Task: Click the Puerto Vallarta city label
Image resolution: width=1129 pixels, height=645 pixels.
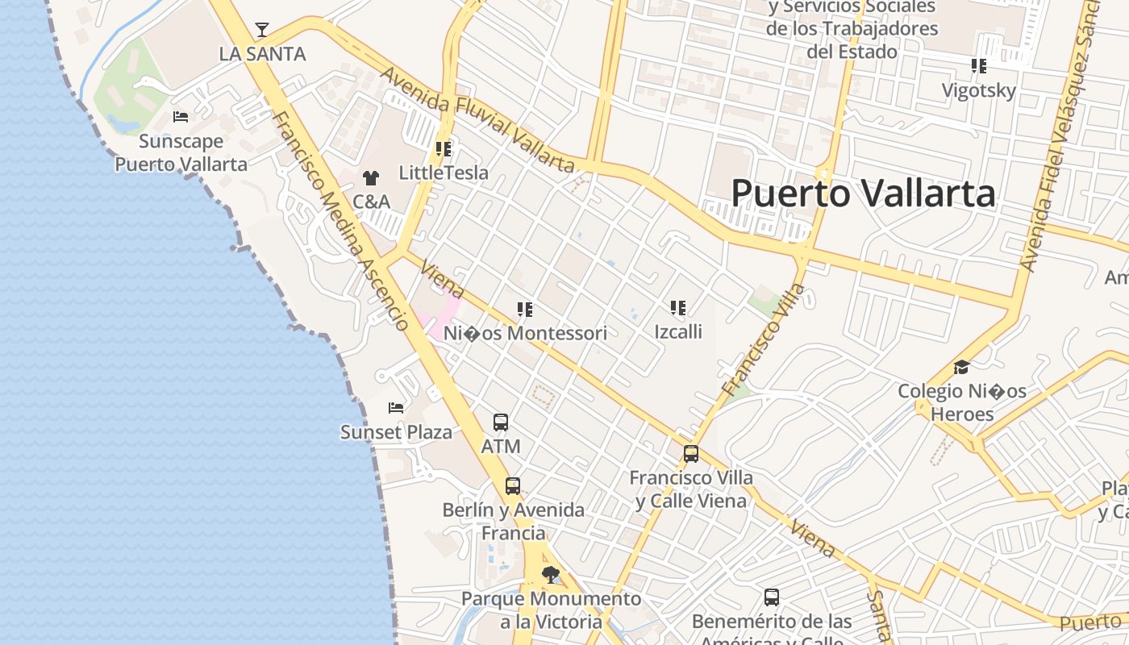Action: coord(863,193)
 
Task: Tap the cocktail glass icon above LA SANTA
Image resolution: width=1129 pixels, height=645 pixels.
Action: coord(262,31)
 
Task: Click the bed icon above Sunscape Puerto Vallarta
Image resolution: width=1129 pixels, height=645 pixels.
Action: coord(181,117)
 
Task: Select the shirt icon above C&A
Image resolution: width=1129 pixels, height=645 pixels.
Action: coord(371,177)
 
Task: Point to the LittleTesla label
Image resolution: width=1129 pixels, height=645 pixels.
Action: coord(444,173)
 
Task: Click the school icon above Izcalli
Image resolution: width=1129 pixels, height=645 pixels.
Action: coord(678,307)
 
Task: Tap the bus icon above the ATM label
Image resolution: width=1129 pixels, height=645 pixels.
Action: coord(501,422)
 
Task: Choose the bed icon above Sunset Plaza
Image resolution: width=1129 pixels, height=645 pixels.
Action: coord(396,407)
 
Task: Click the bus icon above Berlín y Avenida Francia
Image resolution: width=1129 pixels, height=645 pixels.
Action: coord(513,485)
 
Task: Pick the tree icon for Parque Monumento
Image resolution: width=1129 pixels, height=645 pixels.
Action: coord(551,574)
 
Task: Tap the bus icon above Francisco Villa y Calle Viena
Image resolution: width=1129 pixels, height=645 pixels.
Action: coord(691,453)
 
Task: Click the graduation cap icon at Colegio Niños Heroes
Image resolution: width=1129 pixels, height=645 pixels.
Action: coord(961,368)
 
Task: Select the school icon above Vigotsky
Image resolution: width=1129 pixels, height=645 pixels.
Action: coord(979,66)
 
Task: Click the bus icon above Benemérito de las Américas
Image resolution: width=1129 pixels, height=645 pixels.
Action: coord(772,597)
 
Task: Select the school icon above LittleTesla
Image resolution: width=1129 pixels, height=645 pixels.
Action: coord(444,149)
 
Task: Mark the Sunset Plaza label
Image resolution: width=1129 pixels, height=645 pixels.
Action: coord(396,432)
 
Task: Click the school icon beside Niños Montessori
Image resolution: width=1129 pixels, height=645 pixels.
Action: coord(525,309)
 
